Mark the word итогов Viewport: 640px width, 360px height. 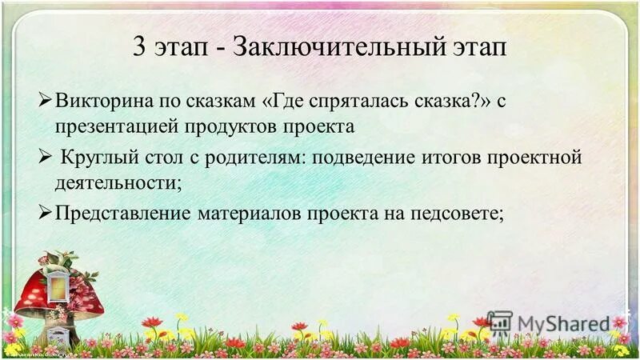(x=439, y=157)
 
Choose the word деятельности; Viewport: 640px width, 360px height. (x=114, y=182)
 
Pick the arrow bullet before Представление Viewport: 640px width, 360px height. (x=46, y=213)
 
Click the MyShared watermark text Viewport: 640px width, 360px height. (x=563, y=323)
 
